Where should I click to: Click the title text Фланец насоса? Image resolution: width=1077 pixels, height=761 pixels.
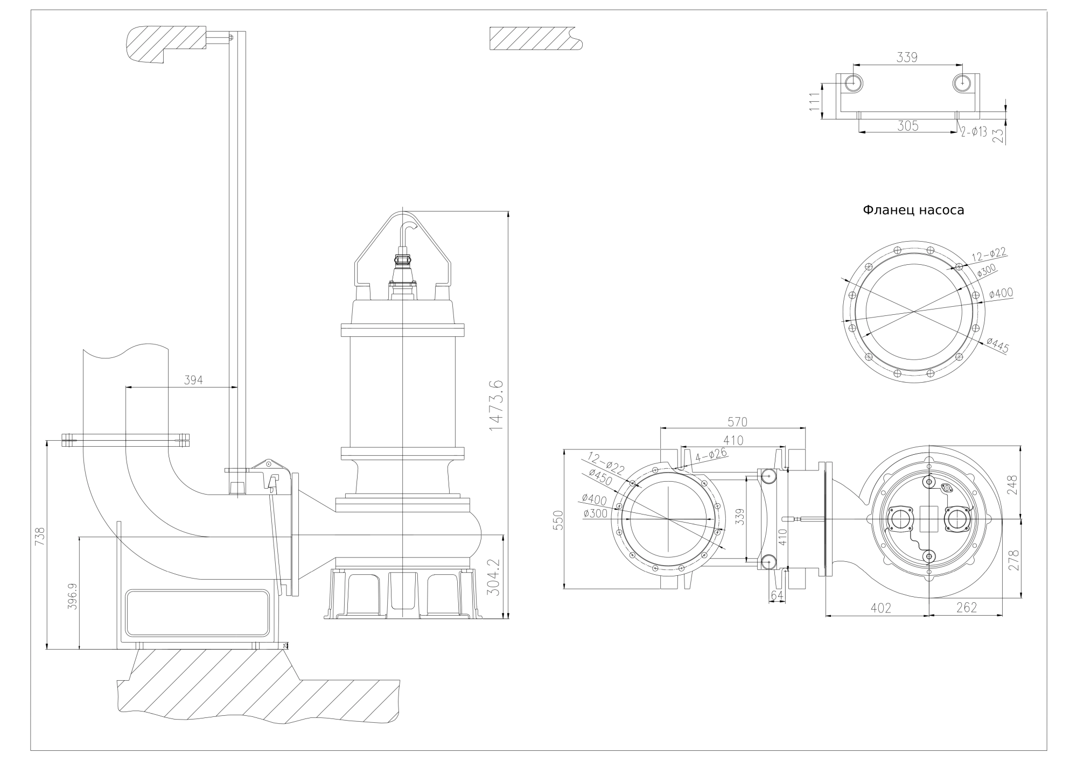tap(913, 210)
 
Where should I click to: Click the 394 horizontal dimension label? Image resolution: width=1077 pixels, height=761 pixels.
tap(193, 380)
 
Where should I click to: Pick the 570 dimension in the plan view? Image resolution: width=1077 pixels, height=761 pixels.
tap(737, 421)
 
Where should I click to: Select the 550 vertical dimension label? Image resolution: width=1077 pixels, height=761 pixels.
tap(558, 520)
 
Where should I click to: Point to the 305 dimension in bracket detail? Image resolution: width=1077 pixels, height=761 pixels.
tap(907, 126)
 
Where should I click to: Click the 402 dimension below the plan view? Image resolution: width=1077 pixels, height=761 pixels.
tap(880, 608)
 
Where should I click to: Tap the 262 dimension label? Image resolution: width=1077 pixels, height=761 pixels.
tap(967, 608)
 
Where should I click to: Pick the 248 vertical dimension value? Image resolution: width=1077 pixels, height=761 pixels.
tap(1013, 485)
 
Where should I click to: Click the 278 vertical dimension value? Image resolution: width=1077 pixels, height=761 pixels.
tap(1013, 560)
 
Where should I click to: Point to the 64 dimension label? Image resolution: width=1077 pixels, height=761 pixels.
tap(777, 595)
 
